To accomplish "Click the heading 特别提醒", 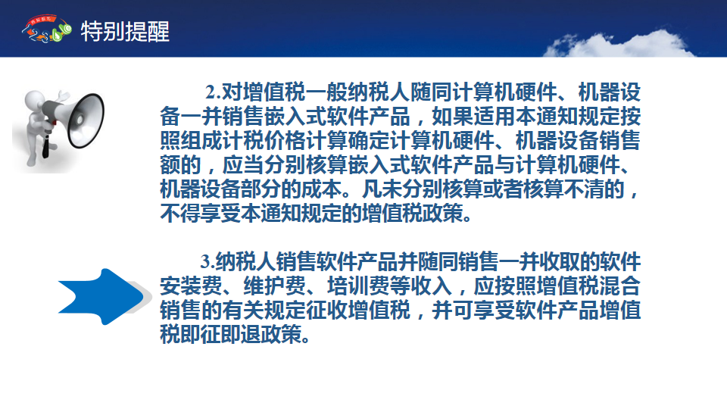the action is (x=125, y=32).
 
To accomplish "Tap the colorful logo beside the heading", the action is (x=46, y=29).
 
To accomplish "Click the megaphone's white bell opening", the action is (x=86, y=120).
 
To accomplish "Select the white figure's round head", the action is (x=34, y=99).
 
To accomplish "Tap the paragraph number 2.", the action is (x=212, y=92).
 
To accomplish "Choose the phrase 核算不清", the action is (x=563, y=189).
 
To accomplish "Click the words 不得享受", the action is (x=201, y=213).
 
